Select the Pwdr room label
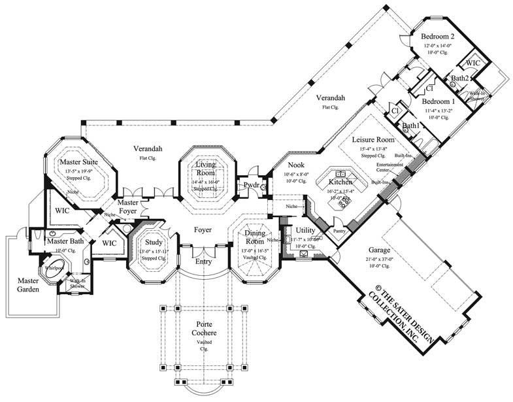tap(251, 185)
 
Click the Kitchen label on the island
tap(341, 182)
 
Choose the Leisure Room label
tap(373, 141)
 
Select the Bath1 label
tap(411, 126)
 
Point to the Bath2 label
tap(459, 78)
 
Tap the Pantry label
tap(339, 231)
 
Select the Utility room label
tap(305, 231)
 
